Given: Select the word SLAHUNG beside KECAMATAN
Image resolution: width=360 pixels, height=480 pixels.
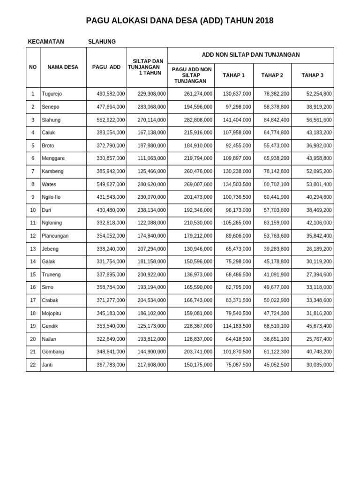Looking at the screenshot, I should click(102, 42).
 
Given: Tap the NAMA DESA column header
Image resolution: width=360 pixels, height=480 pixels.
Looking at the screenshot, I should click(63, 67).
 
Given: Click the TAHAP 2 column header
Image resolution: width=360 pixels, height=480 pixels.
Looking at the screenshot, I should click(272, 75).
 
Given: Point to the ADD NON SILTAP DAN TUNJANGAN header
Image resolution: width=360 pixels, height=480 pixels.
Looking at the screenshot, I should click(250, 55).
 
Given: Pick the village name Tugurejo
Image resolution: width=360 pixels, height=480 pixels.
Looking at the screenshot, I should click(52, 94).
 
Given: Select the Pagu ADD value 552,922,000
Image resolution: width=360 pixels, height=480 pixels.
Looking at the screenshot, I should click(111, 120).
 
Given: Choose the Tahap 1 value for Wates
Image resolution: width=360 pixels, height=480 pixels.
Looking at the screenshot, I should click(237, 184).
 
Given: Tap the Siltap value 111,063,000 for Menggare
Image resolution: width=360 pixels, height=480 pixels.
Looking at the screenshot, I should click(151, 158).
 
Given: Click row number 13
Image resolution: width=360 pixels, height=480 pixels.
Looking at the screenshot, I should click(33, 249).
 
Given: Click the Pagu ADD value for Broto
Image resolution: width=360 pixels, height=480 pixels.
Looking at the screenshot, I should click(111, 146).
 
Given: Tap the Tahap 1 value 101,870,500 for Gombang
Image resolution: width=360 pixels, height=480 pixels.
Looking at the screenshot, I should click(237, 352).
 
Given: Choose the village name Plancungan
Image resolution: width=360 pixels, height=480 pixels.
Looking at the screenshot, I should click(55, 236).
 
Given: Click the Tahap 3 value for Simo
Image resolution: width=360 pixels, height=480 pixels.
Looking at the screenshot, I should click(318, 287).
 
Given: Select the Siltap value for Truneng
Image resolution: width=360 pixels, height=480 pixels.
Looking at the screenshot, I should click(151, 275).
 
